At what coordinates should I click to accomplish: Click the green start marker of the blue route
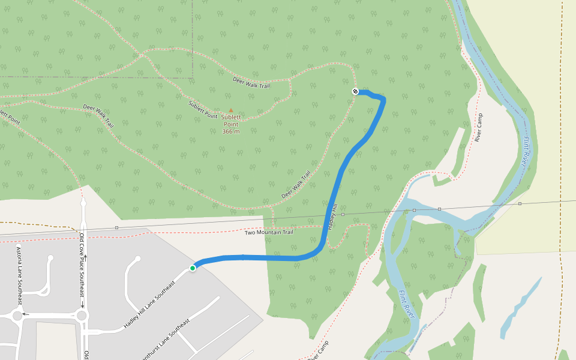coord(193,268)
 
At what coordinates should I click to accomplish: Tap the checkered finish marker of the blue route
coord(355,91)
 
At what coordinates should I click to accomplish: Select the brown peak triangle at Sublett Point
coord(230,110)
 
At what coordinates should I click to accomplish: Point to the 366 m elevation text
coord(230,131)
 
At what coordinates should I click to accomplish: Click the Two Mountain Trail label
coord(268,232)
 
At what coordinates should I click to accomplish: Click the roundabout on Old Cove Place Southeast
coord(82,315)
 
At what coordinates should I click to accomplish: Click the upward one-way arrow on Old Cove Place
coord(85,258)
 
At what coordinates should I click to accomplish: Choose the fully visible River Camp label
coord(478,127)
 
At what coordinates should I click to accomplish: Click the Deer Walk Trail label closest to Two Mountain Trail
coord(296,185)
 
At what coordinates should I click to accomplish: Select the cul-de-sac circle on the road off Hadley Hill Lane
coord(138,259)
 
